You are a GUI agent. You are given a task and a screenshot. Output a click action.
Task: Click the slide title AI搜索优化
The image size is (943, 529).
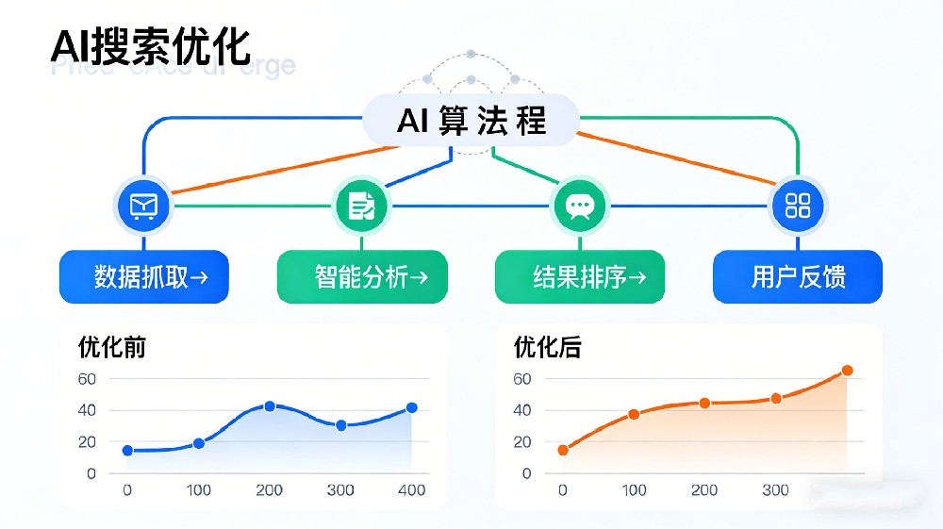[150, 46]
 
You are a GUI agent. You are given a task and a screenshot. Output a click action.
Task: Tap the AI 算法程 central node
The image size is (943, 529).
[471, 121]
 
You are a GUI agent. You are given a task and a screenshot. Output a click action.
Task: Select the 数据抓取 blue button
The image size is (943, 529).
[143, 276]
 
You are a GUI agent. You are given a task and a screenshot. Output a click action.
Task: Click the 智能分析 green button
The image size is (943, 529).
[362, 276]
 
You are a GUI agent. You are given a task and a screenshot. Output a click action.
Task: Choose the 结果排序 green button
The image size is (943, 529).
[580, 276]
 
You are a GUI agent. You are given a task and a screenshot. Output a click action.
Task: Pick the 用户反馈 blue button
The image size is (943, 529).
[798, 276]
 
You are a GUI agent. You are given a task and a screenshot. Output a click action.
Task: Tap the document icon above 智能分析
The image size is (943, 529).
[362, 206]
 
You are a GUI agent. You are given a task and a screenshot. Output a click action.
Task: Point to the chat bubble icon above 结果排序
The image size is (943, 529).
[578, 206]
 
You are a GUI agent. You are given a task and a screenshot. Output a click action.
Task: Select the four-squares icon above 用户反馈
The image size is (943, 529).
[798, 206]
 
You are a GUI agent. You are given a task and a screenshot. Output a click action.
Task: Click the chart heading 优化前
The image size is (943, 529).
[112, 347]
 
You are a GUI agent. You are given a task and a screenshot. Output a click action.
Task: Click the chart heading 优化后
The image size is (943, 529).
[548, 347]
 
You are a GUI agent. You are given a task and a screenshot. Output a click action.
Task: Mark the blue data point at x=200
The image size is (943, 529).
[270, 406]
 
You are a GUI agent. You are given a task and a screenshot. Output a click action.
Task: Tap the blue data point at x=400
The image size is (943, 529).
[412, 407]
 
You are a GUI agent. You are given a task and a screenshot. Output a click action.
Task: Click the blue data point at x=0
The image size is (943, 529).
[127, 451]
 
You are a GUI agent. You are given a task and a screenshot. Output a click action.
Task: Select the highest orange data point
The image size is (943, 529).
[847, 371]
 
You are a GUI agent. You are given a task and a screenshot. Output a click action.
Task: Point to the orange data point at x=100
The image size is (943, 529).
[634, 414]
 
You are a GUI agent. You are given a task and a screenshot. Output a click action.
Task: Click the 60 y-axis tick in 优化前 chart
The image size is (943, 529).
[87, 379]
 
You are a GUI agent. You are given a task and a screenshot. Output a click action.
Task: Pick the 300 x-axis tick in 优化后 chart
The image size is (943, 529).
[775, 490]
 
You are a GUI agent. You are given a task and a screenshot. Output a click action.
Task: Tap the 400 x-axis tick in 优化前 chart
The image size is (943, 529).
[411, 490]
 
